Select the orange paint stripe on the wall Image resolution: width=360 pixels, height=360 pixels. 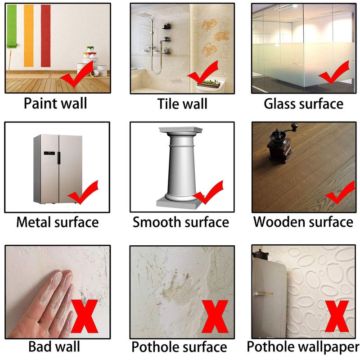click(x=29, y=36)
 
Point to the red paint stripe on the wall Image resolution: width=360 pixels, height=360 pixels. click(x=46, y=36)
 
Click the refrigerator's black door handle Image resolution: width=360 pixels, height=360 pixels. click(x=59, y=158)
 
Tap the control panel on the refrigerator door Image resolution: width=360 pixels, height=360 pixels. click(x=49, y=153)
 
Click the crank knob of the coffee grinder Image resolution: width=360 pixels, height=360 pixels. click(x=294, y=126)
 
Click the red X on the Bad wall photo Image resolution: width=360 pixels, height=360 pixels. click(x=84, y=316)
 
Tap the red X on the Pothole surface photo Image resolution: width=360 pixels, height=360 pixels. click(x=215, y=317)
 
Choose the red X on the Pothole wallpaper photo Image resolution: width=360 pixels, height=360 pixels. click(x=337, y=316)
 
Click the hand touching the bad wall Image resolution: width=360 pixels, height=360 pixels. click(x=44, y=306)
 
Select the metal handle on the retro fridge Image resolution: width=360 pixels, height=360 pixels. click(x=264, y=294)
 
